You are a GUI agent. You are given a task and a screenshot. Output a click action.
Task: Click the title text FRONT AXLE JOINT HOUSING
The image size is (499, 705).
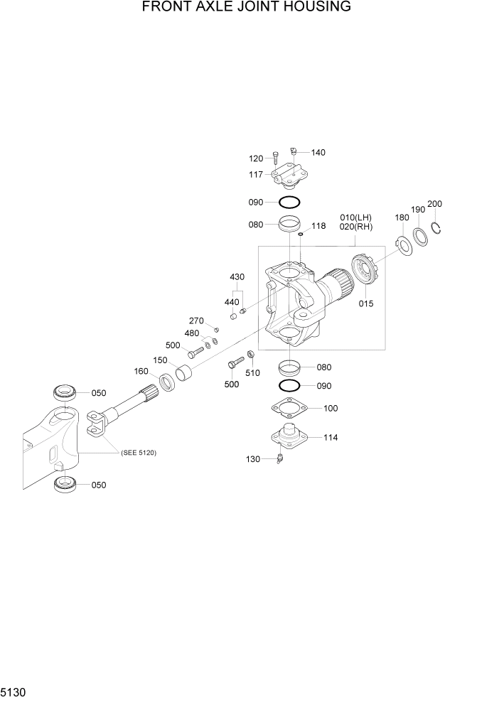pyautogui.click(x=247, y=8)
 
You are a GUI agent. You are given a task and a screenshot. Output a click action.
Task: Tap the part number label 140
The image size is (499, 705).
pyautogui.click(x=318, y=153)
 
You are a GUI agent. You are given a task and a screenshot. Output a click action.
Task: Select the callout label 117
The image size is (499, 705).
pyautogui.click(x=256, y=174)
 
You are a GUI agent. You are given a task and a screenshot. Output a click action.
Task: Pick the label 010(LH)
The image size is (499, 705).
pyautogui.click(x=355, y=217)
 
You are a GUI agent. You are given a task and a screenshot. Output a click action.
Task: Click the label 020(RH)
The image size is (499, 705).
pyautogui.click(x=355, y=227)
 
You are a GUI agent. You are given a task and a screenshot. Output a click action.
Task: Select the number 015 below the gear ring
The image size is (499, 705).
pyautogui.click(x=366, y=303)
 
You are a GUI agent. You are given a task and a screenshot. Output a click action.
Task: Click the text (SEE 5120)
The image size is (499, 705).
pyautogui.click(x=138, y=453)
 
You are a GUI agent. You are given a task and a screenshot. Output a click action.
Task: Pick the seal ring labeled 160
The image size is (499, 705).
pyautogui.click(x=168, y=382)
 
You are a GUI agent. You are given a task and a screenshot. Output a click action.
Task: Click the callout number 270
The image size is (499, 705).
pyautogui.click(x=196, y=321)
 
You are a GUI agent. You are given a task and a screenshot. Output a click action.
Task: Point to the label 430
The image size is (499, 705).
pyautogui.click(x=237, y=276)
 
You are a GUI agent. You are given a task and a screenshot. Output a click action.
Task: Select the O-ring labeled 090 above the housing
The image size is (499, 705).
pyautogui.click(x=289, y=202)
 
